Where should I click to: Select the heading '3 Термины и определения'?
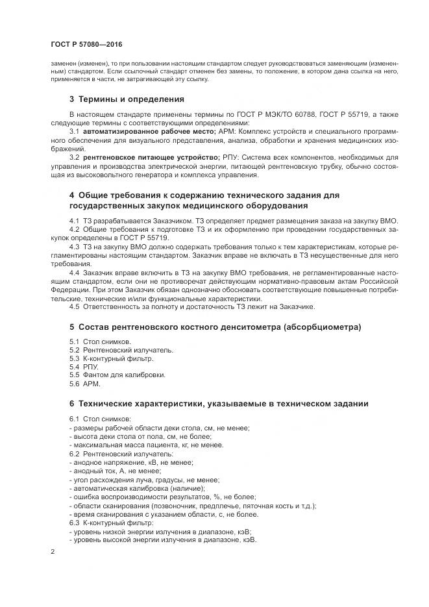(x=127, y=99)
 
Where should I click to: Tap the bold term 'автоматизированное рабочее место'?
(x=141, y=130)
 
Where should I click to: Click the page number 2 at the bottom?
(x=52, y=551)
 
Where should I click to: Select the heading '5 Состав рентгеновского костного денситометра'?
(x=215, y=326)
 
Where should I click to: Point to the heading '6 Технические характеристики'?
(x=219, y=404)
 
